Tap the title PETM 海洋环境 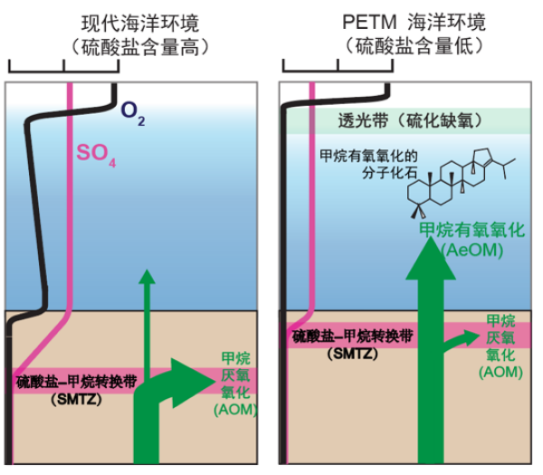click(413, 21)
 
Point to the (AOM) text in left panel click(236, 410)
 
